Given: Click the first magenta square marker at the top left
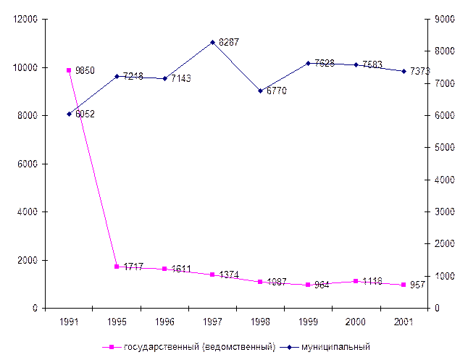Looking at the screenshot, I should pyautogui.click(x=69, y=70).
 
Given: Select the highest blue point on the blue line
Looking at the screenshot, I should pyautogui.click(x=212, y=42).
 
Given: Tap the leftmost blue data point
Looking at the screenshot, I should pyautogui.click(x=69, y=114).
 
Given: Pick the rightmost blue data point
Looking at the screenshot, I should pyautogui.click(x=404, y=71).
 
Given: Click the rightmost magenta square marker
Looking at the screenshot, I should pyautogui.click(x=404, y=285).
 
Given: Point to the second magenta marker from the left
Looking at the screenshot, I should pyautogui.click(x=117, y=267).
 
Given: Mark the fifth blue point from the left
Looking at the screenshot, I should pyautogui.click(x=261, y=91).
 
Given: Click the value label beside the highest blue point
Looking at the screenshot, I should pyautogui.click(x=228, y=42).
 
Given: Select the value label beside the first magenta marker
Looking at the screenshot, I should pyautogui.click(x=85, y=70).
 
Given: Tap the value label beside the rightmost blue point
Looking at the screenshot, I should pyautogui.click(x=420, y=71).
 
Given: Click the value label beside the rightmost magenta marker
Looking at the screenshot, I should pyautogui.click(x=418, y=285).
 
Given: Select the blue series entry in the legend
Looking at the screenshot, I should pyautogui.click(x=333, y=347).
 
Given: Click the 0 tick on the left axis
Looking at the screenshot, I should pyautogui.click(x=34, y=307).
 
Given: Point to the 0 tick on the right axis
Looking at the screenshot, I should pyautogui.click(x=436, y=307).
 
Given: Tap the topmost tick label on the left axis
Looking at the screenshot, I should pyautogui.click(x=26, y=19).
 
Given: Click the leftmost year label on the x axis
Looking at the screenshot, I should pyautogui.click(x=70, y=320).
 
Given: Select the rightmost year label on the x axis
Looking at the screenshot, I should pyautogui.click(x=404, y=320).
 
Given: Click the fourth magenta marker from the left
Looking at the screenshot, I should pyautogui.click(x=212, y=275).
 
